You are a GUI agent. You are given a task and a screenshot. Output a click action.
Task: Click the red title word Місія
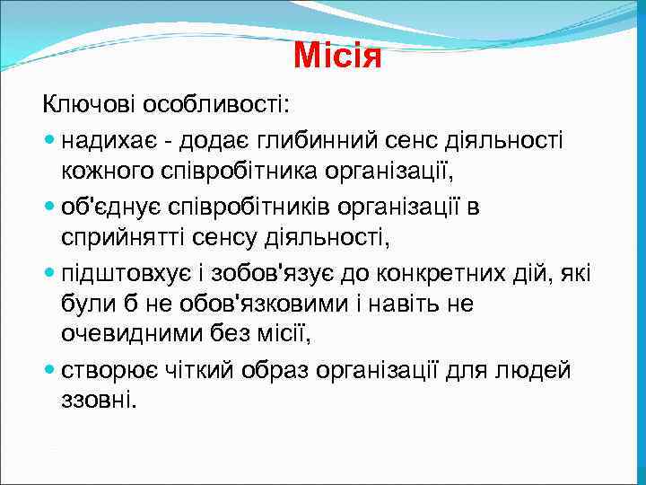click(x=337, y=57)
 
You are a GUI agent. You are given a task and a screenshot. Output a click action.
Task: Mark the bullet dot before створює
click(x=48, y=370)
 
